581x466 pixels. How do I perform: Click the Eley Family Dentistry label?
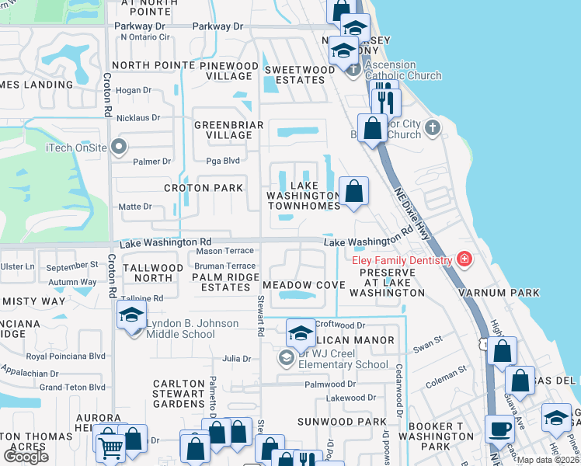(402, 260)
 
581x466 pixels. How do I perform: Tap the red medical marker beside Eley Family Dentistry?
(464, 259)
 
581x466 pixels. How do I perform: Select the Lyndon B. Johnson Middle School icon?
(131, 315)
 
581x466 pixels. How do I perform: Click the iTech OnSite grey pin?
(118, 146)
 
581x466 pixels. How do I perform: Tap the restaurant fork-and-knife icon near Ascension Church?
(385, 102)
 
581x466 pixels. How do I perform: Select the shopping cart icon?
(111, 445)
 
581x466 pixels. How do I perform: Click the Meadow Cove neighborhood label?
(303, 285)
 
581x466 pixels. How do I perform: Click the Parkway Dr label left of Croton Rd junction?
(141, 26)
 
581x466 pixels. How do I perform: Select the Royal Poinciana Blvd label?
(65, 356)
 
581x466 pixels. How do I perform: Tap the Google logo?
(25, 456)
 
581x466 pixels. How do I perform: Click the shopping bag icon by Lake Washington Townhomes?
(353, 192)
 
